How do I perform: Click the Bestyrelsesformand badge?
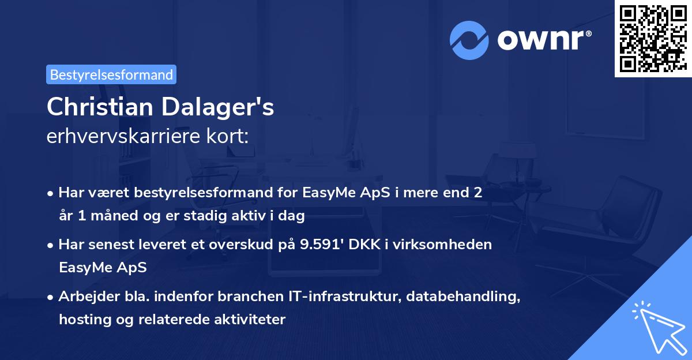coord(111,74)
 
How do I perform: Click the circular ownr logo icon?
coord(468,39)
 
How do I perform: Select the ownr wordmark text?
coord(542,39)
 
